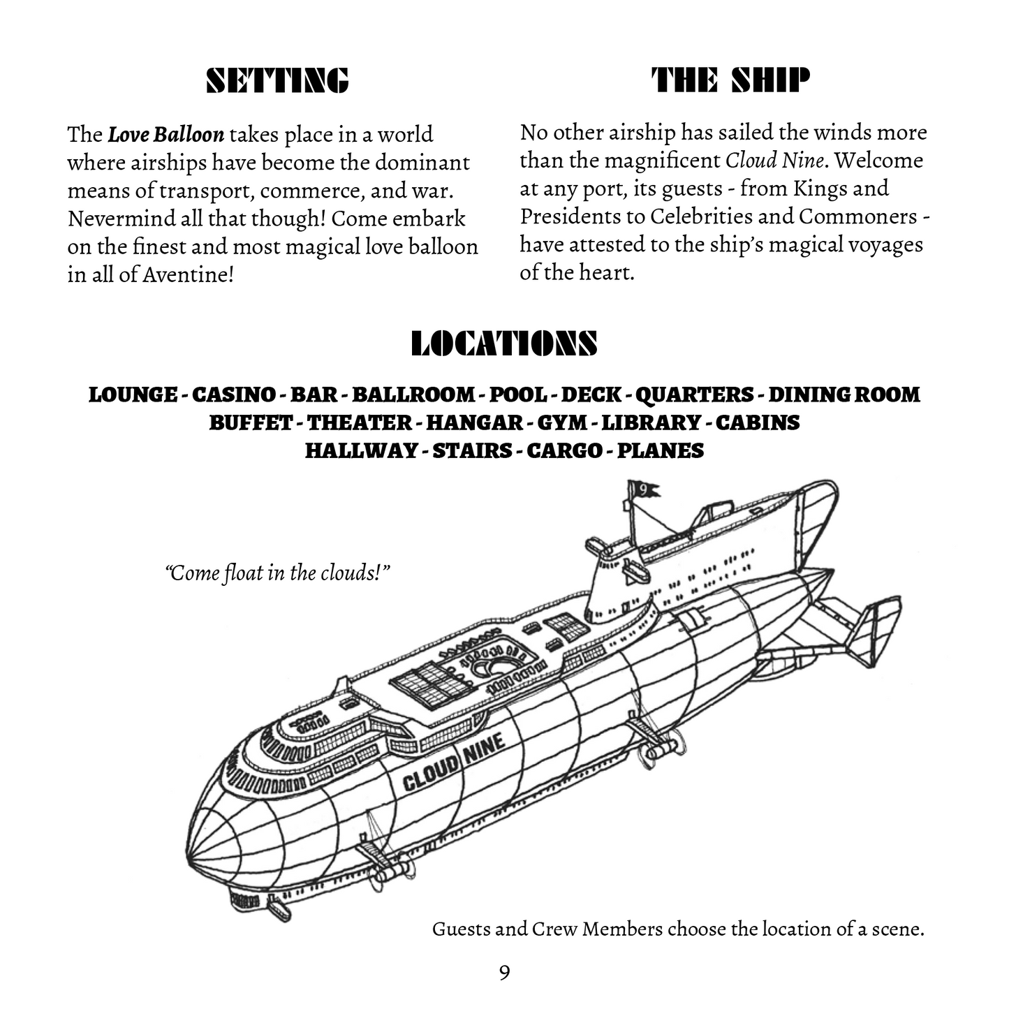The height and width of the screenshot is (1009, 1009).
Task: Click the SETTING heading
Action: pos(277,81)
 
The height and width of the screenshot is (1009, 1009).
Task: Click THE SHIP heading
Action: pos(730,81)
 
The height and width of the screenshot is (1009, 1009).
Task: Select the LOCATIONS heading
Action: pos(503,344)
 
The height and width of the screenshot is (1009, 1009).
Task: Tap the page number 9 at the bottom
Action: pos(504,972)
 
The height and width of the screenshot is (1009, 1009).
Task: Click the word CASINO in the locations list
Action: pos(233,395)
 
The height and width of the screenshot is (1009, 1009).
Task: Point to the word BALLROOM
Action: pos(413,395)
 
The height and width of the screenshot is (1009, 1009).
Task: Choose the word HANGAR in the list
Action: pos(474,422)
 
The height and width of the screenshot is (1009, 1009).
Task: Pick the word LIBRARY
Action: pos(651,422)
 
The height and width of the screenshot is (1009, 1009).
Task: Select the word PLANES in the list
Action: pos(661,450)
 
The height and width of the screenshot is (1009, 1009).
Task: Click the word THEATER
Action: pos(360,422)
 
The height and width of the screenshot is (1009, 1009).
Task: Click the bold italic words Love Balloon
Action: pos(166,134)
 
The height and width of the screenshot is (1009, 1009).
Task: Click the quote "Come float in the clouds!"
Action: pos(277,573)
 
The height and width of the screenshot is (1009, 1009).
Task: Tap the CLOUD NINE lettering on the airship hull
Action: pos(454,764)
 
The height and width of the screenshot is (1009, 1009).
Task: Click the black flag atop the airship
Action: pos(643,490)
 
